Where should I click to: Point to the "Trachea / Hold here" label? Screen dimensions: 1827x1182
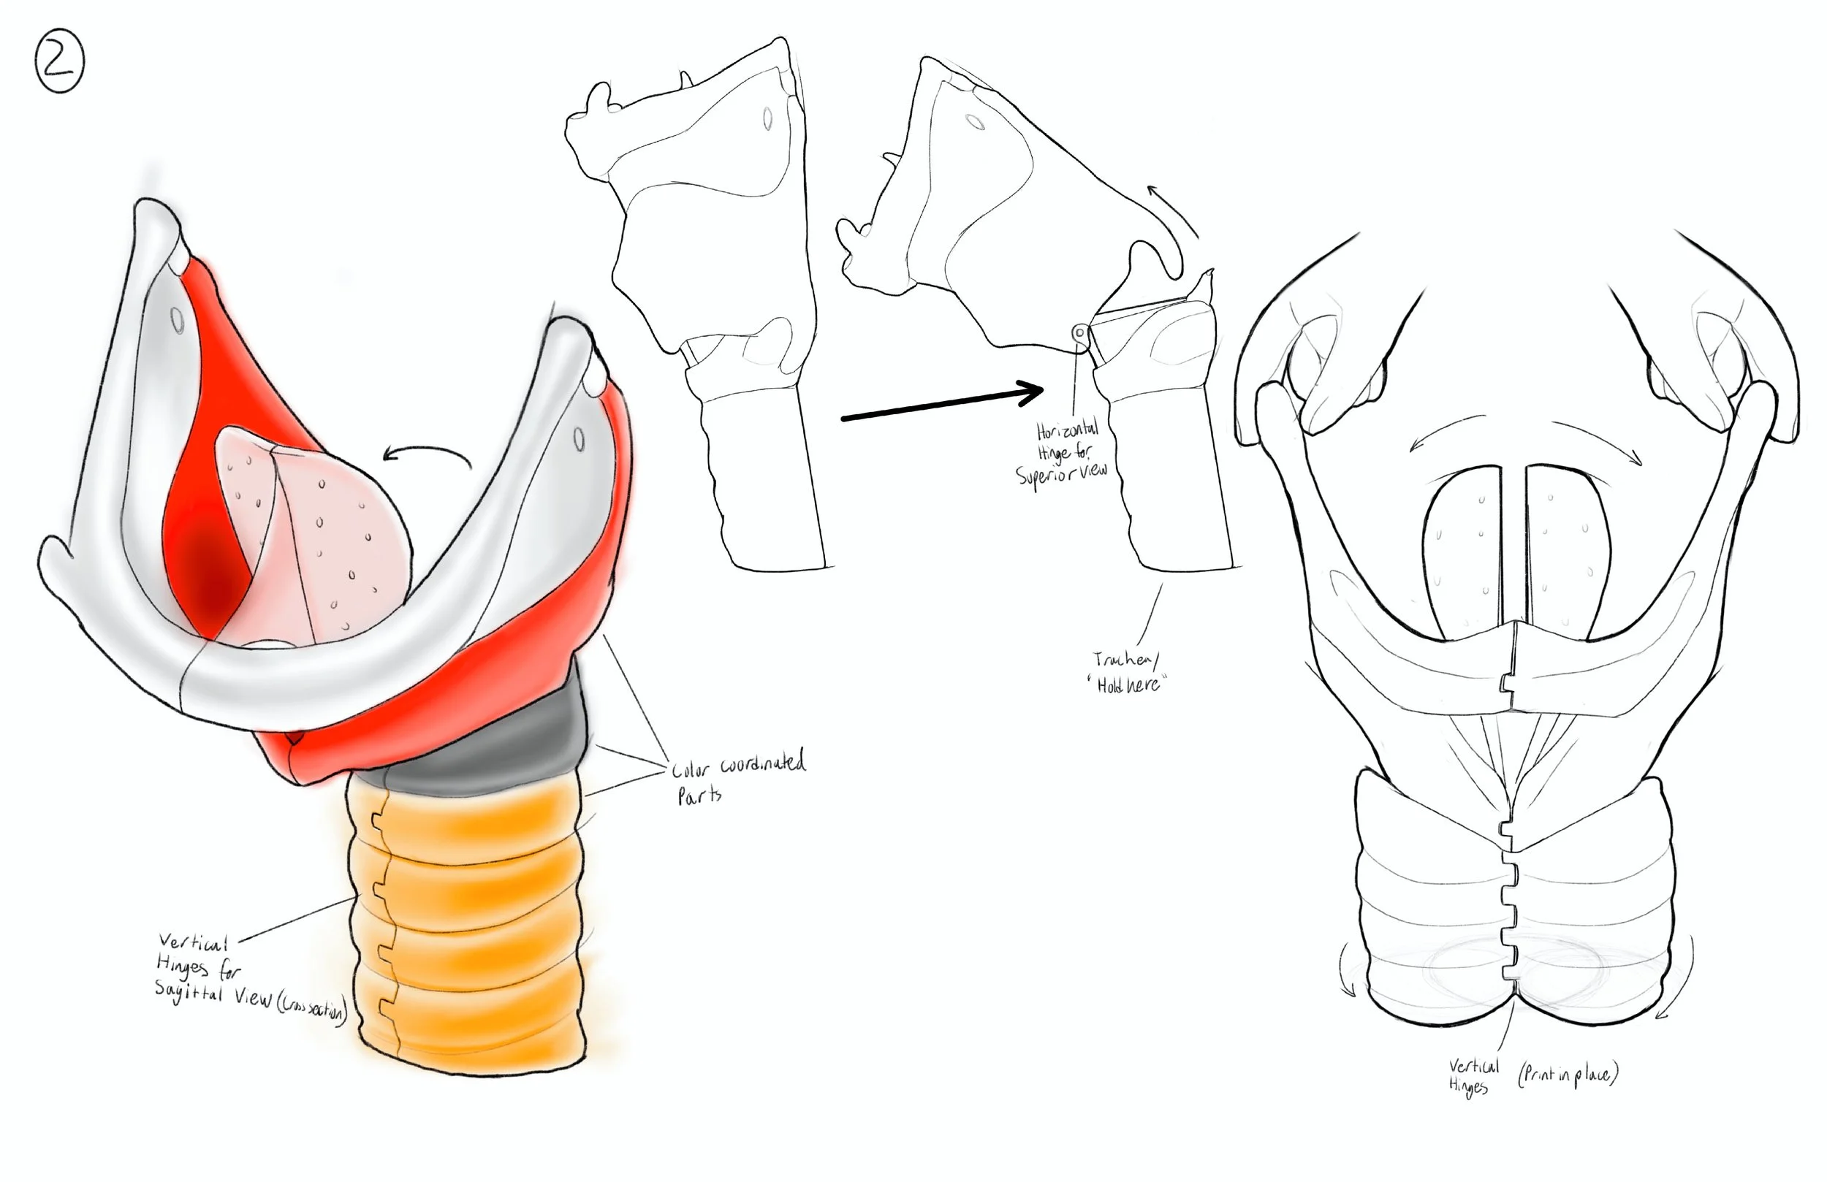pos(1127,671)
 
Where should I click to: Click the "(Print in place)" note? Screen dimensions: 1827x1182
pos(1568,1074)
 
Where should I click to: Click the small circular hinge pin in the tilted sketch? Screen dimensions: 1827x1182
pos(1080,333)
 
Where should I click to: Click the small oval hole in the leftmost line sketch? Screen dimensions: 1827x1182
pos(767,119)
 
